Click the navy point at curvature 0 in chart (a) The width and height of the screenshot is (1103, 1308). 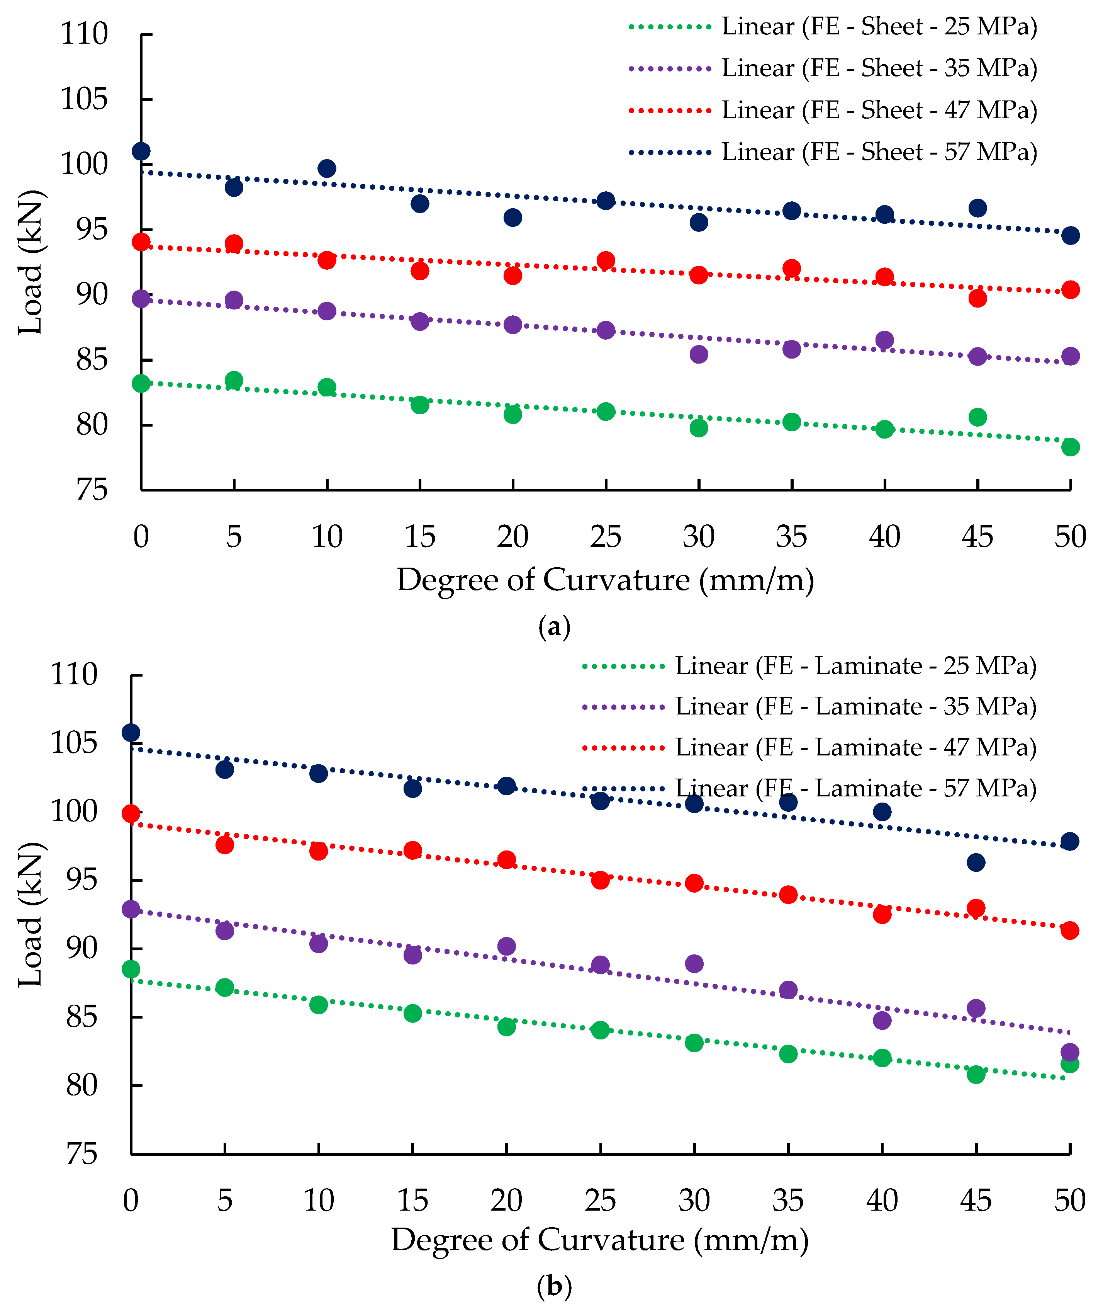coord(141,151)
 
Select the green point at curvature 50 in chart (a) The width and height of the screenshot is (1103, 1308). coord(1071,447)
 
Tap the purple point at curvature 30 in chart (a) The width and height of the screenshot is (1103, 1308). coord(698,354)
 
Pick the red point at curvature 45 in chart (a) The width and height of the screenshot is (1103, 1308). coord(977,298)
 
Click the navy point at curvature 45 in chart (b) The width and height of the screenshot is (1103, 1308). coord(976,862)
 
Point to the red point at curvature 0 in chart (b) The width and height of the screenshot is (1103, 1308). coord(131,813)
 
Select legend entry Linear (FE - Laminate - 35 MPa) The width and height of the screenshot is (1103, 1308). coord(855,707)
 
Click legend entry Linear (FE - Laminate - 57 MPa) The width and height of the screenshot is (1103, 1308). coord(855,789)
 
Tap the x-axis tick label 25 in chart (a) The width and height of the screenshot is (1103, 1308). coord(605,537)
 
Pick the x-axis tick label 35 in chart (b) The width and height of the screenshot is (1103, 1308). coord(788,1201)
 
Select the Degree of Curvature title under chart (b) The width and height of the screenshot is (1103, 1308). coord(600,1240)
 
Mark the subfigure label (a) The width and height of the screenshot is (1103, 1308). coord(554,626)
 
